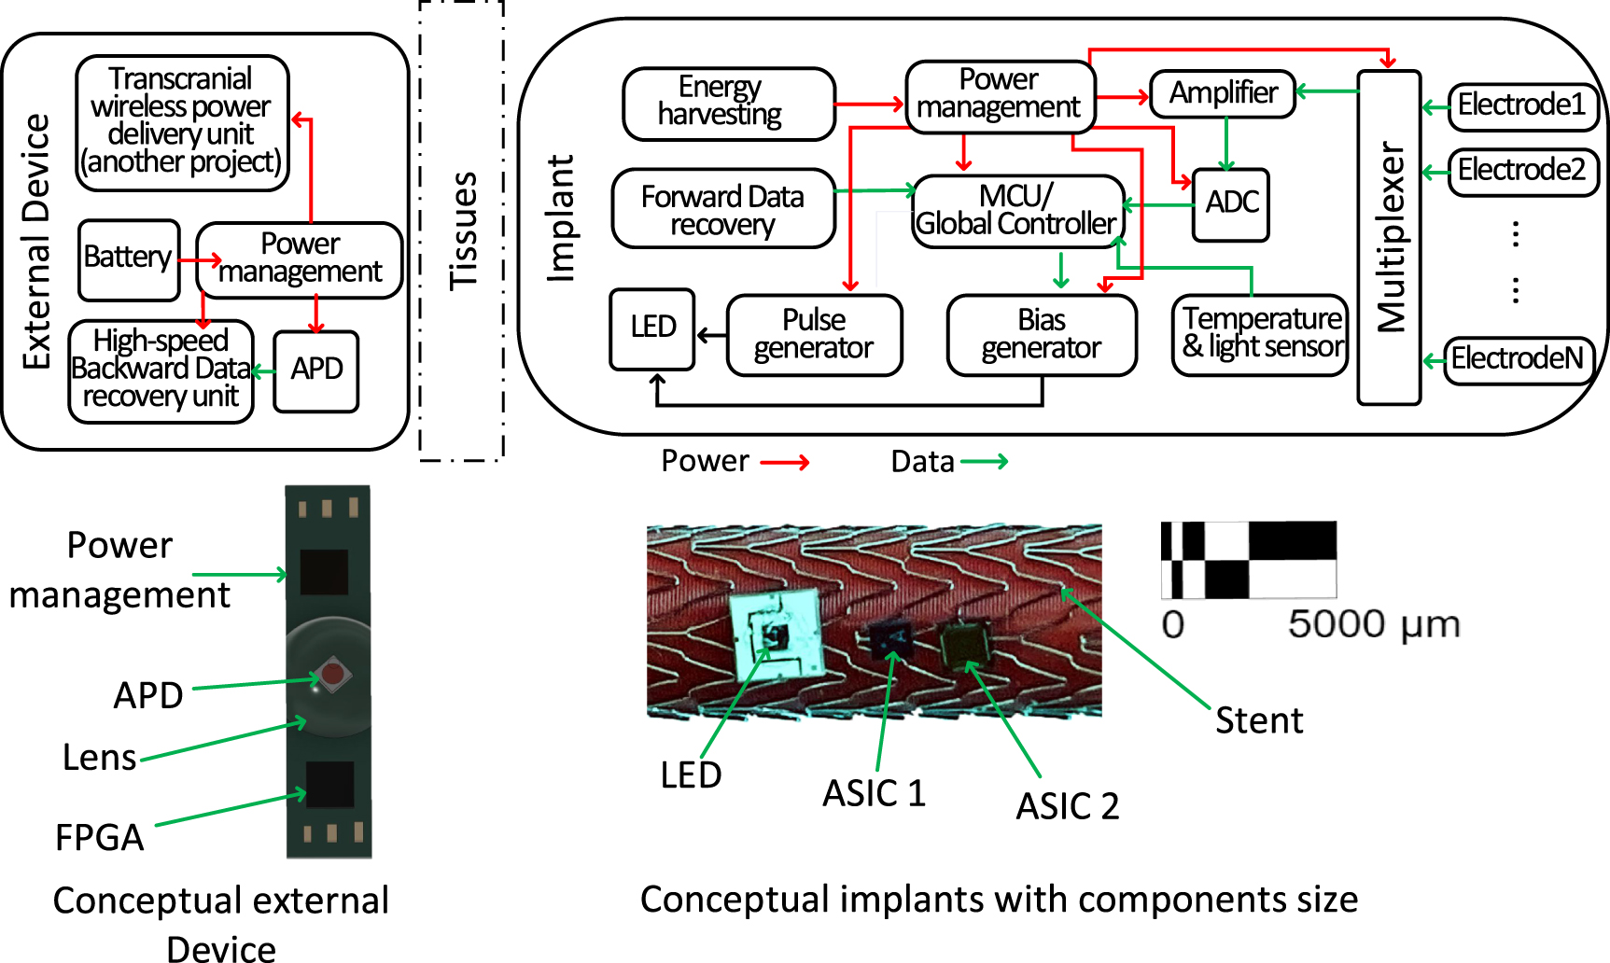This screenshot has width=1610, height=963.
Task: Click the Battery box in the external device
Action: coord(129,259)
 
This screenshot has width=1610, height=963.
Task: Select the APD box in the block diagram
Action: coord(316,370)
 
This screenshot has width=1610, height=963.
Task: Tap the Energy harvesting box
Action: coord(729,103)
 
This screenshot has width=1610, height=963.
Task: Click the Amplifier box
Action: coord(1223,93)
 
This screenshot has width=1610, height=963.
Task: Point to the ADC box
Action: coord(1231,204)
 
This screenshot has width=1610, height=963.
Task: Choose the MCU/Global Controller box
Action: coord(1017,211)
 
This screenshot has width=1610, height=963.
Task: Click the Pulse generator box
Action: coord(814,335)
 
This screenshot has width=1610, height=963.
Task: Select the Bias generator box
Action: coord(1042,335)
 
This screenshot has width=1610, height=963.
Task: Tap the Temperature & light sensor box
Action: coord(1260,334)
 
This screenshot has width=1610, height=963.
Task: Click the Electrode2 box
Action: coord(1522,172)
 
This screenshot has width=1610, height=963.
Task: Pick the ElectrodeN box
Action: coord(1518,359)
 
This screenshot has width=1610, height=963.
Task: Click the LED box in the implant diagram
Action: coord(652,328)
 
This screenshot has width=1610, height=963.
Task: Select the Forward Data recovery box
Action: coord(723,208)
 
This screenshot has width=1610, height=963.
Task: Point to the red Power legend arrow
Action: coord(784,462)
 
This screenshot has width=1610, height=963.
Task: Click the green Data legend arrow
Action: coord(984,462)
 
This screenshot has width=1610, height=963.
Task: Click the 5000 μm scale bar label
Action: coord(1374,624)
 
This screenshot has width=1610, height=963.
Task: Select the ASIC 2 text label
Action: coord(1067,806)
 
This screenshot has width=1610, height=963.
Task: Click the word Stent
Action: coord(1258,721)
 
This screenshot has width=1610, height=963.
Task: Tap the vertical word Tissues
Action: coord(464,230)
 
